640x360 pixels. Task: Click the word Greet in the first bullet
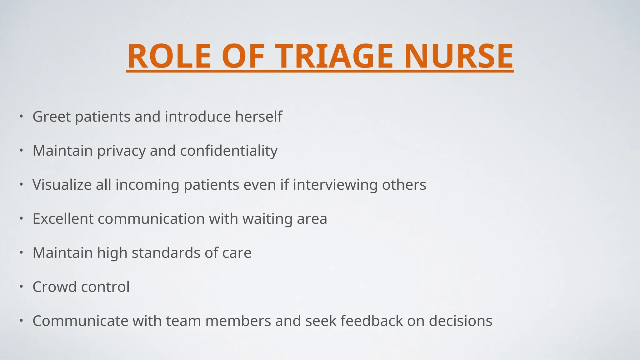[52, 117]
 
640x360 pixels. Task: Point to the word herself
[258, 117]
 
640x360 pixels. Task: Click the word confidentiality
[228, 151]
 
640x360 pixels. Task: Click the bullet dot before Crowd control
[21, 286]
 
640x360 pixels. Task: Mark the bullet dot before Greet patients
[21, 116]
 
